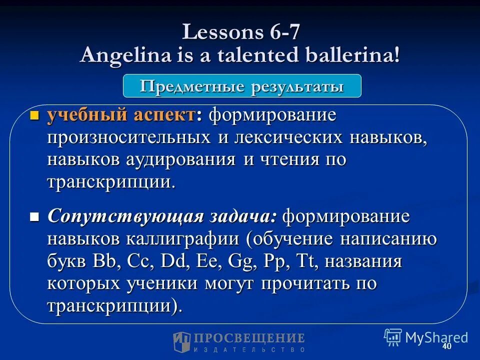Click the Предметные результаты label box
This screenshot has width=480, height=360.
(x=242, y=86)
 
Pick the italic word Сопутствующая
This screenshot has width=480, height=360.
(x=125, y=217)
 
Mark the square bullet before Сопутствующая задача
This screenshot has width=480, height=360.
(x=34, y=218)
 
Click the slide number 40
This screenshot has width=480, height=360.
(x=446, y=347)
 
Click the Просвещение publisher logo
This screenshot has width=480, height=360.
(x=239, y=342)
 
